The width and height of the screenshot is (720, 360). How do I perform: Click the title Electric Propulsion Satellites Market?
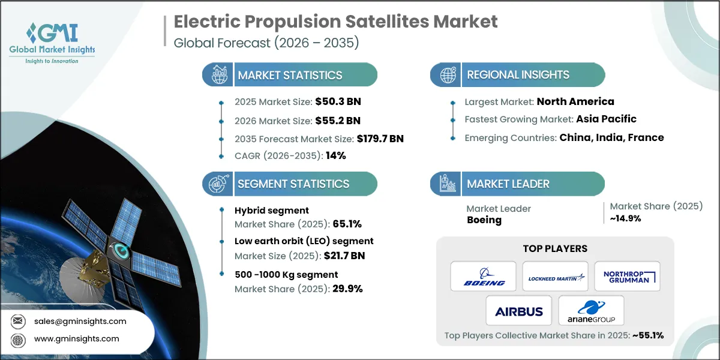tap(335, 22)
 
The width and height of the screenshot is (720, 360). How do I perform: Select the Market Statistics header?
tap(290, 75)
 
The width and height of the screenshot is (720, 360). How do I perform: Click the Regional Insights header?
tap(518, 75)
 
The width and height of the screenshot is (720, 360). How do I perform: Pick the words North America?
tap(575, 101)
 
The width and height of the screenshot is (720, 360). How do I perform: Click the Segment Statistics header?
tap(293, 184)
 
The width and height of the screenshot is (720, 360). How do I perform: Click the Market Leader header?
tap(508, 184)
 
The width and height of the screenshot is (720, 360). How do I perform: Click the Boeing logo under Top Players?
tap(484, 277)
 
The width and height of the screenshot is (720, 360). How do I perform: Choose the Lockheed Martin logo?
tap(555, 277)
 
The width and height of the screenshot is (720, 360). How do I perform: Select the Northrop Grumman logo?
tap(627, 277)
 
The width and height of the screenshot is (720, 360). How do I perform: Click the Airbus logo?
tap(519, 311)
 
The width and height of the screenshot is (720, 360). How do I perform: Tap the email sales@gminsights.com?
tap(79, 321)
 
